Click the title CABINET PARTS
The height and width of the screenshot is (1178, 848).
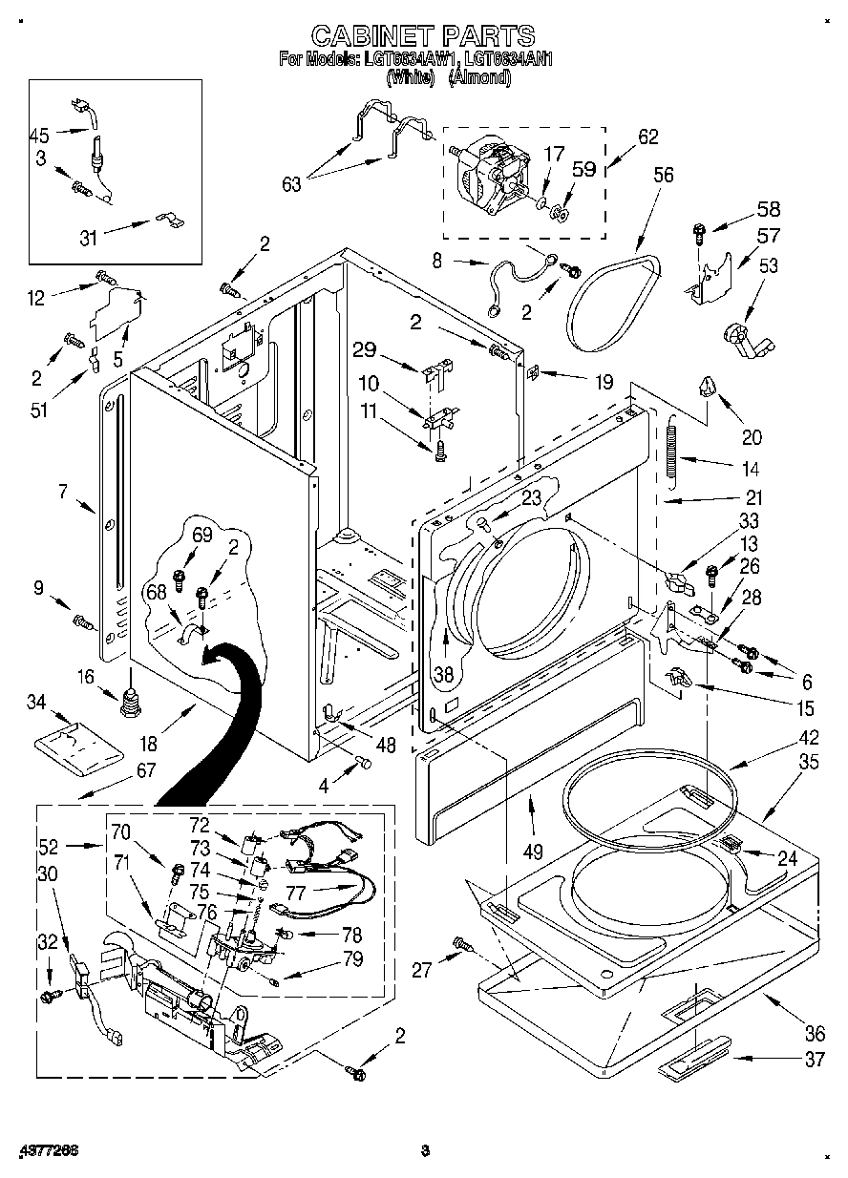click(423, 36)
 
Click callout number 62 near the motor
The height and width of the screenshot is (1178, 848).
click(647, 137)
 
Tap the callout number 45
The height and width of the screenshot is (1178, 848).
click(40, 135)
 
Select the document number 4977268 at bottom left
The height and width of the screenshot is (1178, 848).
click(47, 1150)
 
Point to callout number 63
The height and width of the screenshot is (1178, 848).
click(291, 183)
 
